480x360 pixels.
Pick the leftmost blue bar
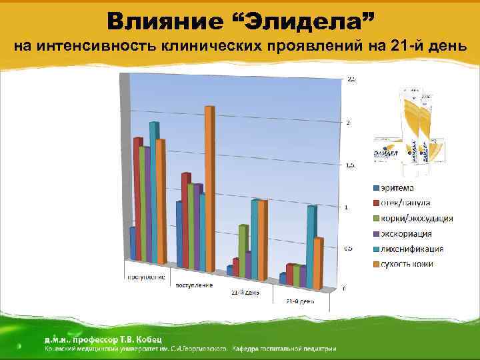tap(133, 243)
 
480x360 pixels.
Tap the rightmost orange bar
tap(318, 263)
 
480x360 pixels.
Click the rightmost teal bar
tap(311, 247)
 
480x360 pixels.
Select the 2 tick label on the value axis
tap(347, 123)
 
